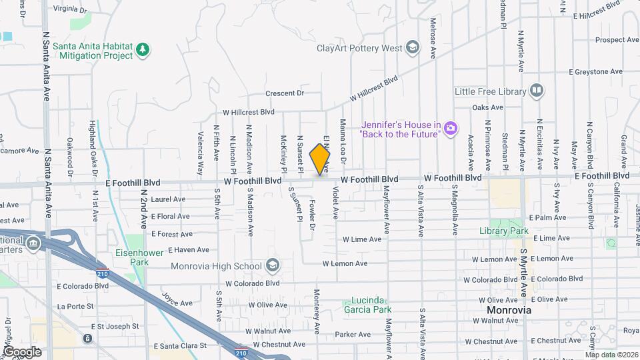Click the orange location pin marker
click(320, 159)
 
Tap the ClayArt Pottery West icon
click(413, 47)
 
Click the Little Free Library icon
click(537, 91)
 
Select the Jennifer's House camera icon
click(451, 127)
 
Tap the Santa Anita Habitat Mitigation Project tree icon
click(142, 49)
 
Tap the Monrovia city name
click(509, 311)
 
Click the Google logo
click(22, 352)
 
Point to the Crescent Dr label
click(284, 93)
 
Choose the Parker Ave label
click(353, 335)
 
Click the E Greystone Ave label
click(595, 71)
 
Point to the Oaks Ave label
click(487, 107)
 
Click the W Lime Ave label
click(362, 239)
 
